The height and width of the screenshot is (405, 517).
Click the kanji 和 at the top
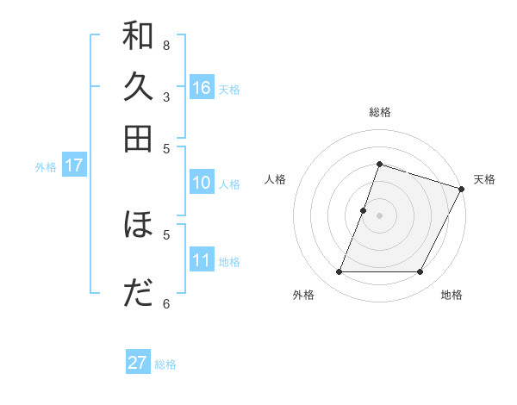(x=138, y=38)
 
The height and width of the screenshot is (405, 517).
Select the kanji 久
(x=138, y=88)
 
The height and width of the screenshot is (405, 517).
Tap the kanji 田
(x=138, y=138)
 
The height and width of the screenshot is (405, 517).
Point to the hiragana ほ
(x=138, y=225)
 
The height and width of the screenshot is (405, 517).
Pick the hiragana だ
(x=138, y=293)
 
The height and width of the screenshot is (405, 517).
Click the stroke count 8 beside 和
(x=166, y=45)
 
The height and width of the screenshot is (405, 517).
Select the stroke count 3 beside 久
(x=166, y=97)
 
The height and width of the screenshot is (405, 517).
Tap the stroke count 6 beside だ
(x=166, y=302)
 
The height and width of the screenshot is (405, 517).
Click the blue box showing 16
(x=202, y=87)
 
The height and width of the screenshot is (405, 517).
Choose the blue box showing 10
(x=202, y=183)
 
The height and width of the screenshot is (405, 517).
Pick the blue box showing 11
(x=202, y=260)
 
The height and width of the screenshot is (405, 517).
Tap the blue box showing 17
(x=73, y=166)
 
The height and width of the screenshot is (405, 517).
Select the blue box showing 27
(x=138, y=363)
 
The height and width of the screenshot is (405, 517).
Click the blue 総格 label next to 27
(x=165, y=364)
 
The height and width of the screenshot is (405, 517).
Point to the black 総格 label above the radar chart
(x=379, y=112)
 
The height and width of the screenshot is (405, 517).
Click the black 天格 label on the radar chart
(x=484, y=179)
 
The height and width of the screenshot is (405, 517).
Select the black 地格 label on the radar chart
(x=452, y=295)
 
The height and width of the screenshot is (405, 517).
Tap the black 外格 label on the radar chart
(x=303, y=295)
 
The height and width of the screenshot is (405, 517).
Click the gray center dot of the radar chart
(x=379, y=215)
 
